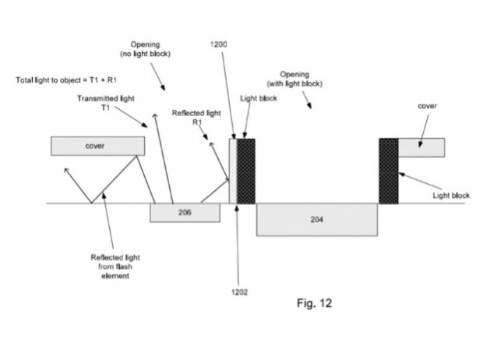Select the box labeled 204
coord(316,219)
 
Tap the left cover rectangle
coord(97,146)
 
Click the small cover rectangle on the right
coord(421,146)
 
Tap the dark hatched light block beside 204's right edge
coord(388,171)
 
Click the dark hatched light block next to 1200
coord(246,171)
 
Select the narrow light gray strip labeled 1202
coord(232,171)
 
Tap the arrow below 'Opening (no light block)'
coord(159,76)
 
